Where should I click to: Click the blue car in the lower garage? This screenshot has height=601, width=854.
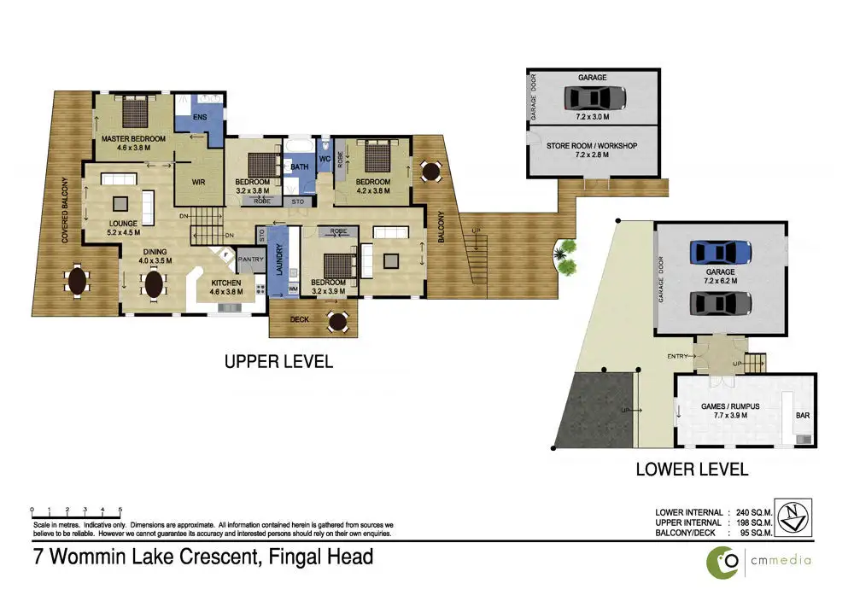(x=721, y=253)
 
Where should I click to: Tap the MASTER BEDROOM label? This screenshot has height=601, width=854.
(x=133, y=139)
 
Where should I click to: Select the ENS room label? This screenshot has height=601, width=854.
(x=200, y=117)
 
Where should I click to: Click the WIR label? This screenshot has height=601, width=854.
(x=198, y=182)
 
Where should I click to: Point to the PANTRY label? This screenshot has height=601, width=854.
(x=250, y=260)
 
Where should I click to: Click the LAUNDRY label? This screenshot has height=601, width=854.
(x=279, y=260)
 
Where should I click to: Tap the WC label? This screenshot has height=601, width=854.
(x=325, y=159)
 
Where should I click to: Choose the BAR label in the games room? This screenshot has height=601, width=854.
(x=803, y=416)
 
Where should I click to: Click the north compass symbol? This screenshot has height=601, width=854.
(x=793, y=517)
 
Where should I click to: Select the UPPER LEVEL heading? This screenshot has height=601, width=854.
(x=278, y=361)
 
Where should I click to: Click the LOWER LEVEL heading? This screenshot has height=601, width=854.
(x=692, y=470)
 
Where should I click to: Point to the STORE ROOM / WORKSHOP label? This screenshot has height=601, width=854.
(x=592, y=146)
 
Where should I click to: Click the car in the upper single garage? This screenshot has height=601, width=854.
(x=594, y=98)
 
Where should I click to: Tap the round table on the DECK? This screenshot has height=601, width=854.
(x=338, y=321)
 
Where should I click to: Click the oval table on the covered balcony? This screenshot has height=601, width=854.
(x=78, y=281)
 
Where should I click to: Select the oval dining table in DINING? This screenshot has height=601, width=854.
(x=154, y=284)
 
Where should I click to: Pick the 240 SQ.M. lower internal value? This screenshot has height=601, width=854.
(x=754, y=512)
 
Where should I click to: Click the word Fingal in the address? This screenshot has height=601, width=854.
(x=295, y=557)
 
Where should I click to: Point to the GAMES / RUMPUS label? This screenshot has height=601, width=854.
(x=730, y=406)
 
